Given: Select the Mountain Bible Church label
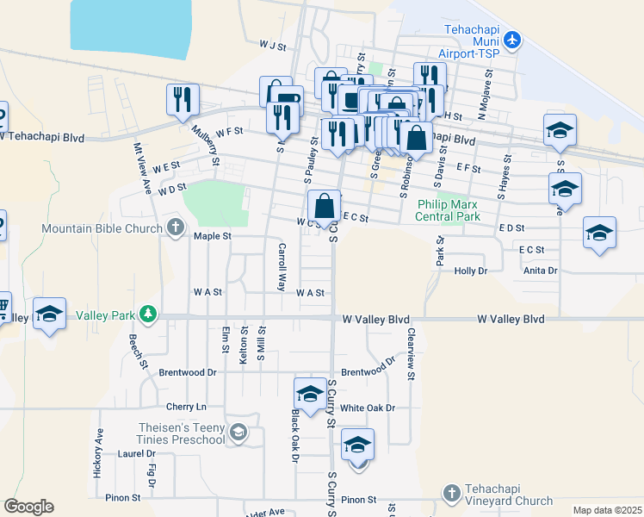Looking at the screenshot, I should [102, 228].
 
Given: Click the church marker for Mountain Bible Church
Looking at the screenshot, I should [176, 228].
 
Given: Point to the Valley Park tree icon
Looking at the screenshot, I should [149, 315].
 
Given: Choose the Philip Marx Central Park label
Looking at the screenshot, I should [449, 210].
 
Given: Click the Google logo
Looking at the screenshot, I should [29, 507].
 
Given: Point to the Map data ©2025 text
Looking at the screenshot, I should [606, 510].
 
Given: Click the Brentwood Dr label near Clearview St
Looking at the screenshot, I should [368, 372].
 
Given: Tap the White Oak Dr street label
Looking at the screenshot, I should [367, 408].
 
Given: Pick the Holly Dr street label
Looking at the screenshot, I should [470, 271].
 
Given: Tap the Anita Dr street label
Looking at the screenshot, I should [540, 271].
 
